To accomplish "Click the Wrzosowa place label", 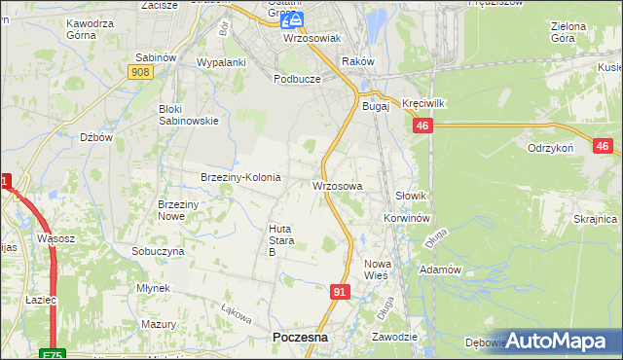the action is click(x=338, y=185).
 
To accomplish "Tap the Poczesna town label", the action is click(x=300, y=337).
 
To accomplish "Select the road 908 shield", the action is click(x=139, y=72).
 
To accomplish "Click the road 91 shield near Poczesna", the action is click(x=340, y=291).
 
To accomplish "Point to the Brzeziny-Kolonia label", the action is click(x=240, y=177).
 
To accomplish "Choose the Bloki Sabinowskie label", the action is click(x=188, y=115).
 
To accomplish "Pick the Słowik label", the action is click(x=412, y=196).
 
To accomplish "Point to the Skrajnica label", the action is click(x=596, y=219).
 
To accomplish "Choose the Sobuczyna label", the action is click(x=158, y=251).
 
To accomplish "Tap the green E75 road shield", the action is click(x=53, y=354).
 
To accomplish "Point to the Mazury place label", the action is click(x=157, y=323).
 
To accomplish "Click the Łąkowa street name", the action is click(x=237, y=315).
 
